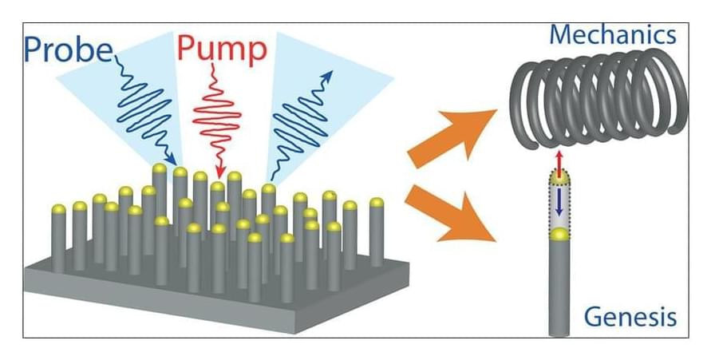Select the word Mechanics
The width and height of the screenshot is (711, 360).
pyautogui.click(x=613, y=34)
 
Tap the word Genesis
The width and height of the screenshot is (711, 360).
pyautogui.click(x=630, y=317)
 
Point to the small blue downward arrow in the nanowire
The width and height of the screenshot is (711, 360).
pyautogui.click(x=560, y=200)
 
